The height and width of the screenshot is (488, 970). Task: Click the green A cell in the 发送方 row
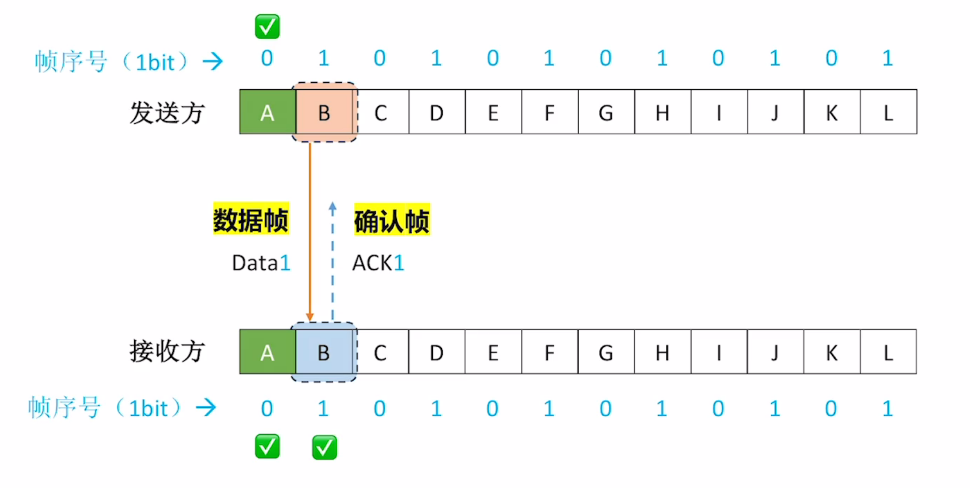point(267,112)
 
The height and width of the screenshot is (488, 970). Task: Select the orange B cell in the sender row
point(324,112)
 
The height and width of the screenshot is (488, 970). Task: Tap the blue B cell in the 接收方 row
point(323,353)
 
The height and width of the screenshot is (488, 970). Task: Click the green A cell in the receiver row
point(267,353)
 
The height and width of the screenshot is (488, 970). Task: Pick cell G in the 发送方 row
point(606,112)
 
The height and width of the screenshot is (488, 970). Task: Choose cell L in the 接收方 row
point(888,353)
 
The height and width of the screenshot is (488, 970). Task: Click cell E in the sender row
point(493,112)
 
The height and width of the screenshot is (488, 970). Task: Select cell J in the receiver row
point(774,353)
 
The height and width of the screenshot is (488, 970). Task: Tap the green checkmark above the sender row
point(267,27)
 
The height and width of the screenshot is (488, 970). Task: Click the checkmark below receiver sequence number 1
point(324,447)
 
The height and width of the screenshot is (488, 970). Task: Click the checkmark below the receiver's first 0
point(267,447)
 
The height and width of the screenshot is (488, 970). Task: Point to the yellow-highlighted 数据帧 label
point(251,219)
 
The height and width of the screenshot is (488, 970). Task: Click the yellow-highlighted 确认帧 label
point(392,220)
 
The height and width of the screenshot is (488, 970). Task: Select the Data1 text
point(261,263)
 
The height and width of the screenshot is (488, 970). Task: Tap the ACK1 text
point(378,263)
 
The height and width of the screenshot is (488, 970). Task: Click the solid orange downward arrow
point(310,231)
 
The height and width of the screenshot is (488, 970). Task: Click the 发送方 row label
point(167,113)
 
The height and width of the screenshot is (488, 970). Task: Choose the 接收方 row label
point(167,351)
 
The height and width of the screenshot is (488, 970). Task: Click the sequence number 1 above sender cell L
point(887,58)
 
